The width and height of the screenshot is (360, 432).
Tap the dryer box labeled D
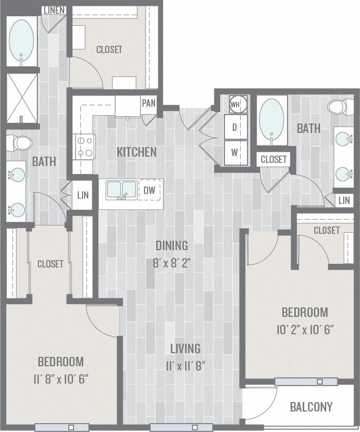[235, 127]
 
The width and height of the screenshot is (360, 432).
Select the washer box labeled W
[235, 152]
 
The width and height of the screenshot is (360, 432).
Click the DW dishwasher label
[149, 191]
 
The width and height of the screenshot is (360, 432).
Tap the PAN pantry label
[149, 103]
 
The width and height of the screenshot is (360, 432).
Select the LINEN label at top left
[54, 10]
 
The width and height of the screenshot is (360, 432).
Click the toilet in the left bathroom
[20, 142]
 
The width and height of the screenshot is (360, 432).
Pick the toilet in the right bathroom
[338, 107]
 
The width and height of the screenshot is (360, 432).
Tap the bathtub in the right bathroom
[272, 119]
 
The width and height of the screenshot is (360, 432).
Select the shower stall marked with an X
[22, 98]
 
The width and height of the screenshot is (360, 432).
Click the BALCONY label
[311, 407]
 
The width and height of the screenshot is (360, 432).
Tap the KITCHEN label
[137, 152]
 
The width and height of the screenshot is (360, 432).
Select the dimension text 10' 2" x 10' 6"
[305, 330]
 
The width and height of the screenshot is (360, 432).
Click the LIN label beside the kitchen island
[83, 195]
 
